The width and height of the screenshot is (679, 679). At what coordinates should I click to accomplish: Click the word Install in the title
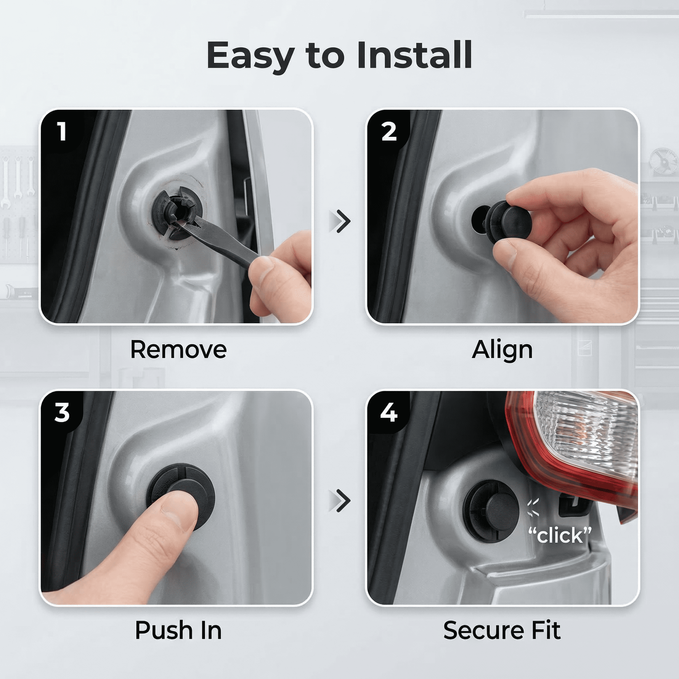[x=414, y=55]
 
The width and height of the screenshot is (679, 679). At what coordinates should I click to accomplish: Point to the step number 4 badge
[x=389, y=412]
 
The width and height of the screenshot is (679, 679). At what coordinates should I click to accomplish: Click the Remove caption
[x=179, y=350]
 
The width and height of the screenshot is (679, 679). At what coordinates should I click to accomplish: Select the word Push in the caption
[x=164, y=631]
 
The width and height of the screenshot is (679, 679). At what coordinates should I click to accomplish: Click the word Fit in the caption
[x=546, y=631]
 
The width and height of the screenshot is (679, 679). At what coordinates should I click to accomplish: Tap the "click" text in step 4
[x=560, y=535]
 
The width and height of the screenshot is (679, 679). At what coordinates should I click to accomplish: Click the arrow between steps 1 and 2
[x=340, y=221]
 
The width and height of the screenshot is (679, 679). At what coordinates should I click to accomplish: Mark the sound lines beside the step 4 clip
[x=533, y=508]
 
